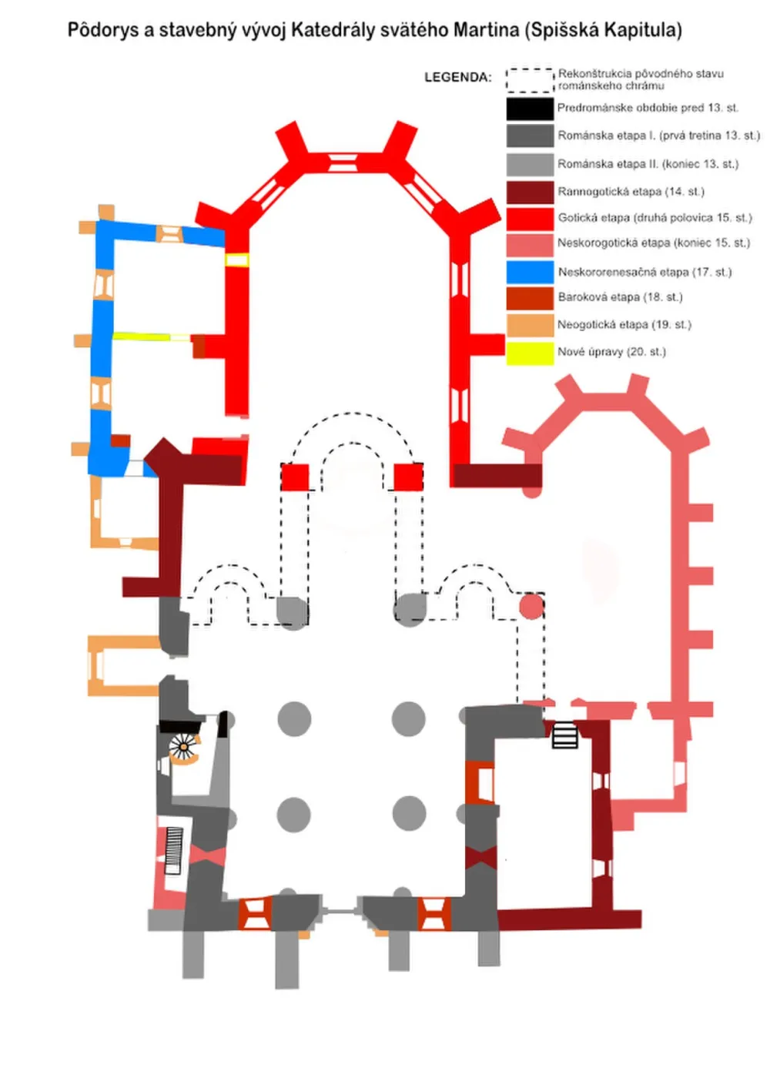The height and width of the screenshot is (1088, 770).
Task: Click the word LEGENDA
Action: tap(457, 77)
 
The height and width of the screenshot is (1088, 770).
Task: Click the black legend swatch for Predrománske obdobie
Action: tap(530, 109)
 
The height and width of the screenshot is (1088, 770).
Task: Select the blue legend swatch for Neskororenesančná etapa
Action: tap(530, 272)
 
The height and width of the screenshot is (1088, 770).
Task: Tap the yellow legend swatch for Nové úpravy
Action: tap(530, 353)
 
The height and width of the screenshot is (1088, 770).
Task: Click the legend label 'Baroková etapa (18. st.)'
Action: tap(620, 296)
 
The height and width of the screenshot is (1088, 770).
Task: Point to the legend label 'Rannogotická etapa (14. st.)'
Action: tap(631, 192)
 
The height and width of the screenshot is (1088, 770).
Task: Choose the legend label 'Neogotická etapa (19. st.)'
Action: tap(624, 324)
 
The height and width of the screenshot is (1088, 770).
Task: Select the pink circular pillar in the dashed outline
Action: tap(531, 608)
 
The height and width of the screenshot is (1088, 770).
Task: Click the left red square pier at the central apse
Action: tap(295, 477)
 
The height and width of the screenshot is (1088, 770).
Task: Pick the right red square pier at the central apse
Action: tap(408, 477)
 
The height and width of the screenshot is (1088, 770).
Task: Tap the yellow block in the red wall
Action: tap(236, 259)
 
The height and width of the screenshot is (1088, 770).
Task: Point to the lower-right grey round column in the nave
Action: tap(409, 814)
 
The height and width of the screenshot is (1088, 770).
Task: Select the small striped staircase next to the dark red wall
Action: tap(564, 735)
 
